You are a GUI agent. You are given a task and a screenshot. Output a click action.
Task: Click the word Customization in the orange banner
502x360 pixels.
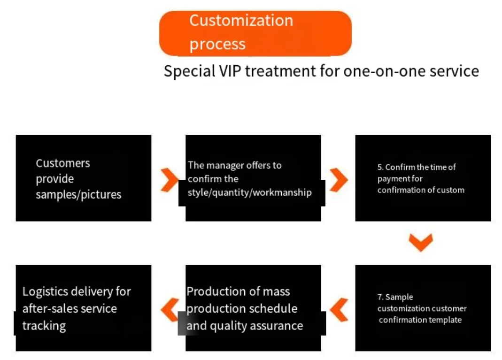coord(241,21)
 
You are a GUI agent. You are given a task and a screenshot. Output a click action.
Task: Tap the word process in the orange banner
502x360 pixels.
coord(217,44)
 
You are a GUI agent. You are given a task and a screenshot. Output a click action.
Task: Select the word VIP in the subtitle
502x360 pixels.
coord(230,71)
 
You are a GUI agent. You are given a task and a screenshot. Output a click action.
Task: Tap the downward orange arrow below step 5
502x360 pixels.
coord(420,243)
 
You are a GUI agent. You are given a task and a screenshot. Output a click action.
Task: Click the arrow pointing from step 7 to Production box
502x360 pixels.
coord(339,309)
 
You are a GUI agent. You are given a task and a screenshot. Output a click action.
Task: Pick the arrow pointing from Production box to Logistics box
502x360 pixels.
coord(170,309)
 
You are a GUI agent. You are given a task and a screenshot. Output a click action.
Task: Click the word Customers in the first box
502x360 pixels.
coord(63,163)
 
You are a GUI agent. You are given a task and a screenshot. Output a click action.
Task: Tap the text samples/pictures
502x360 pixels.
coord(78,194)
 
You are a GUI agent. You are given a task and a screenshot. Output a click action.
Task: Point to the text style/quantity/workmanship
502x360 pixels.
coord(249,192)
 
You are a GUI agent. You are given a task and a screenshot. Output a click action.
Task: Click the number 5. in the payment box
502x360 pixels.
coord(380,167)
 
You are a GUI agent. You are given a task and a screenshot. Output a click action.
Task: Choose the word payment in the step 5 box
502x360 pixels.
coord(393,178)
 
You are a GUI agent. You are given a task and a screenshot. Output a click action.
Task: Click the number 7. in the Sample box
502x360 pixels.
coord(381,297)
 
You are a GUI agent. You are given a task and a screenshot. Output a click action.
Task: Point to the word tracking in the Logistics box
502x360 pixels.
coord(44,325)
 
